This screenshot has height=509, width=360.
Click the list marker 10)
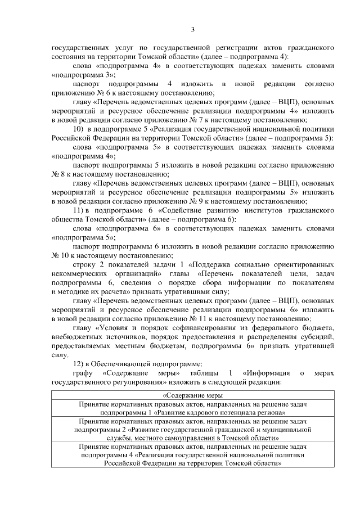[78, 129]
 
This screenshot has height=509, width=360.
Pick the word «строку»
[85, 264]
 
